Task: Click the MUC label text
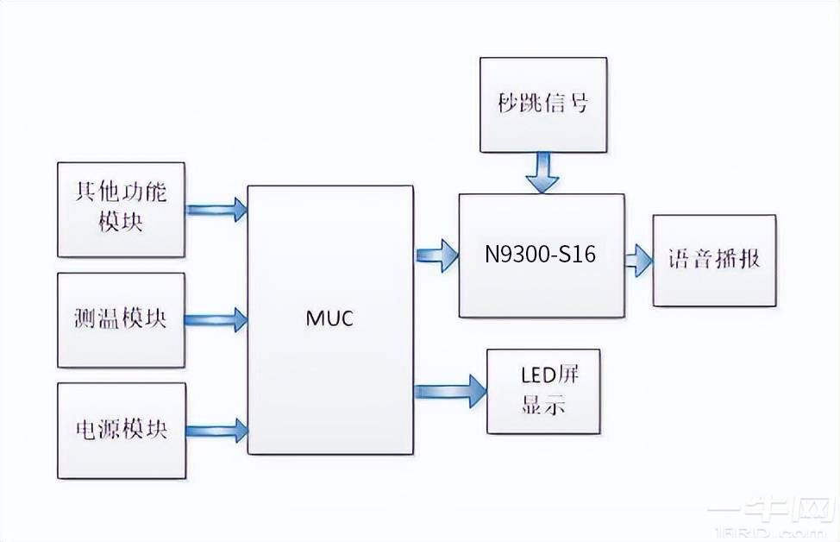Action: [329, 318]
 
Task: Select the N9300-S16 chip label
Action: [541, 255]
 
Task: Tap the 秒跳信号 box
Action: [543, 104]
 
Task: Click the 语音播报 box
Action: [714, 260]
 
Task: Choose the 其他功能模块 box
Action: [121, 210]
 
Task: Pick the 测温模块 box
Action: [121, 320]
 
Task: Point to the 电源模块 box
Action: [121, 430]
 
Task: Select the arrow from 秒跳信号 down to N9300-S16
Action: [542, 173]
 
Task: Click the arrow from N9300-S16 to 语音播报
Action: [638, 260]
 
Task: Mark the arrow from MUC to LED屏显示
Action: [449, 390]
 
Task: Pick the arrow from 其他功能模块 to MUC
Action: [216, 209]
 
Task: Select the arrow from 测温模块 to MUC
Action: [216, 317]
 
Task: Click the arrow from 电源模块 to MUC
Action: [216, 430]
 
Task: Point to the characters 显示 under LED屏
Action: [544, 406]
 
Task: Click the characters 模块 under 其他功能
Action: [121, 222]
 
